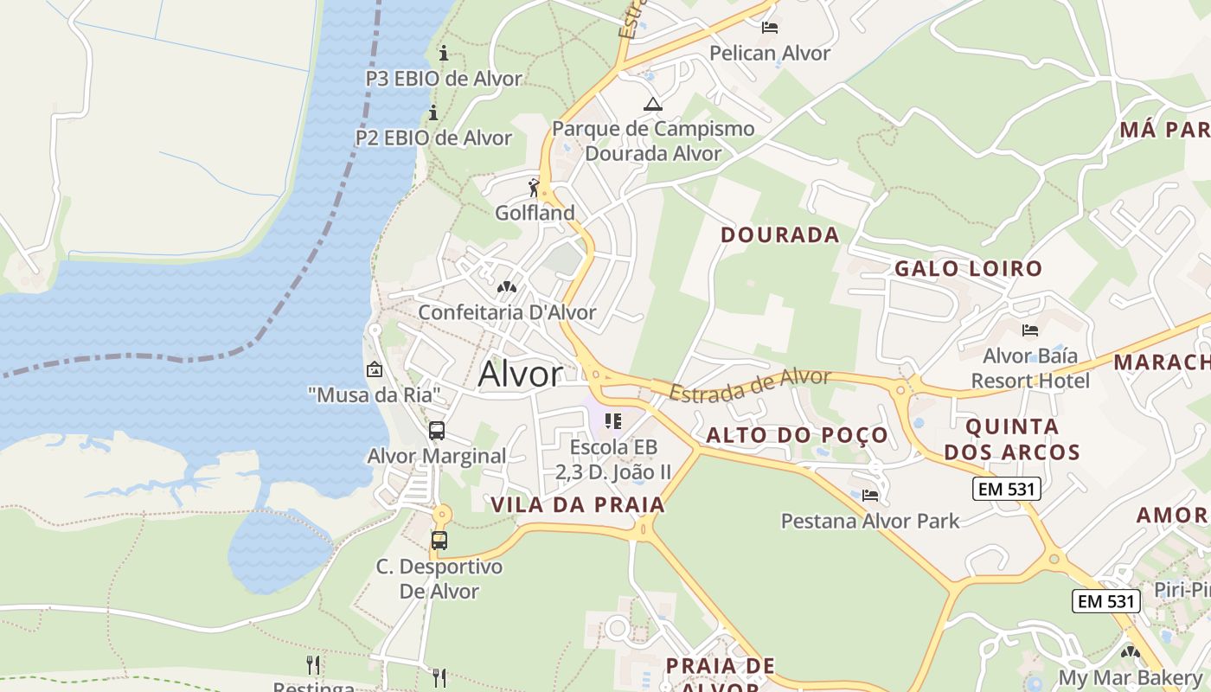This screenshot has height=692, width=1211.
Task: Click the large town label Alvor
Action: pyautogui.click(x=520, y=375)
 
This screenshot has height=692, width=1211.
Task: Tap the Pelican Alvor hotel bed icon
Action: pyautogui.click(x=769, y=28)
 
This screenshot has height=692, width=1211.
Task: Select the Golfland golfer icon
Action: pyautogui.click(x=535, y=187)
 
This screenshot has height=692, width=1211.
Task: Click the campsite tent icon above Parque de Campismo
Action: pyautogui.click(x=653, y=105)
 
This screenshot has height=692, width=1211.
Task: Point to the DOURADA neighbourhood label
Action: pyautogui.click(x=780, y=234)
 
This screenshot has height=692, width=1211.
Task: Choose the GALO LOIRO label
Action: pyautogui.click(x=969, y=268)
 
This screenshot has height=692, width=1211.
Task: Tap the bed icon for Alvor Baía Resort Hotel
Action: pyautogui.click(x=1029, y=330)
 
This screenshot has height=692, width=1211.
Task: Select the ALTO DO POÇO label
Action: pyautogui.click(x=798, y=435)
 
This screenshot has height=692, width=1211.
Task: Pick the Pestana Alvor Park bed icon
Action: pyautogui.click(x=870, y=496)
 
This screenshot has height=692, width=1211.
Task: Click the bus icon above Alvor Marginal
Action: pyautogui.click(x=437, y=430)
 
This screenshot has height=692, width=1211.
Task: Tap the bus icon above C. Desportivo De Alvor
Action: pyautogui.click(x=439, y=541)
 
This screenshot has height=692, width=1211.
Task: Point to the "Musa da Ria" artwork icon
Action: pyautogui.click(x=375, y=369)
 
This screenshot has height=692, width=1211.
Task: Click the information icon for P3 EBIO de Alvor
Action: pyautogui.click(x=444, y=54)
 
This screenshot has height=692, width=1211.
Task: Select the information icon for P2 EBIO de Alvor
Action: pyautogui.click(x=433, y=112)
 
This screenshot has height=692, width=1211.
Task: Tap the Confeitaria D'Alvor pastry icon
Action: pyautogui.click(x=507, y=286)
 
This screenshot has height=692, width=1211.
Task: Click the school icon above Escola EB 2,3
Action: pyautogui.click(x=613, y=421)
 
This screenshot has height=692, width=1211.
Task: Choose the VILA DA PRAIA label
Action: pyautogui.click(x=578, y=505)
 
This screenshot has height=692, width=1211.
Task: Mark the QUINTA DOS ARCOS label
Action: pyautogui.click(x=1012, y=439)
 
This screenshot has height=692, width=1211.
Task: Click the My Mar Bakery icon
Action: pyautogui.click(x=1131, y=652)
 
